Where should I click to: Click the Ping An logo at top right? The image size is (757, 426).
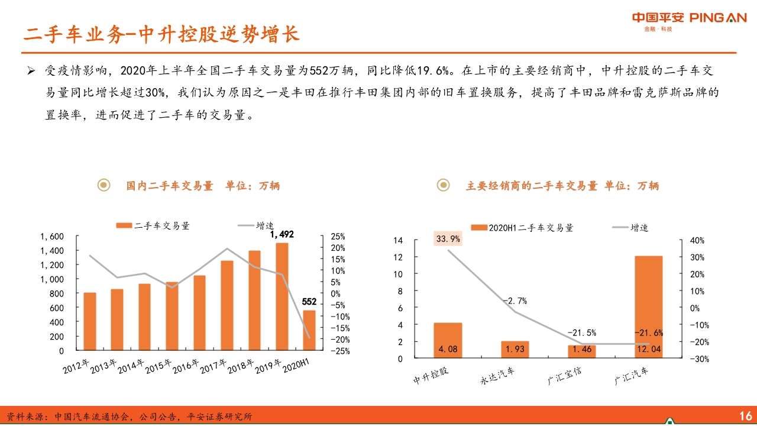(689, 18)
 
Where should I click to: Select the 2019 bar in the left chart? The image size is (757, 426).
(282, 296)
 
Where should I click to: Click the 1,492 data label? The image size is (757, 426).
(282, 235)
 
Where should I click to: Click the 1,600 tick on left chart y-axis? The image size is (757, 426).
(52, 236)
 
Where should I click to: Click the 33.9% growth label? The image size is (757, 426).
(448, 239)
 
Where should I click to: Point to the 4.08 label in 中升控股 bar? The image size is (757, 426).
(448, 349)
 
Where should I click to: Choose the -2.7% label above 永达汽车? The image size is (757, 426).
(515, 301)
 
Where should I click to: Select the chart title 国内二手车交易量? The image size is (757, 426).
(169, 186)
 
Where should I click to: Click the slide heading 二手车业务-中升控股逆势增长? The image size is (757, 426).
(161, 34)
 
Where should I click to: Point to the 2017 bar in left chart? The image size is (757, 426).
(227, 305)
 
